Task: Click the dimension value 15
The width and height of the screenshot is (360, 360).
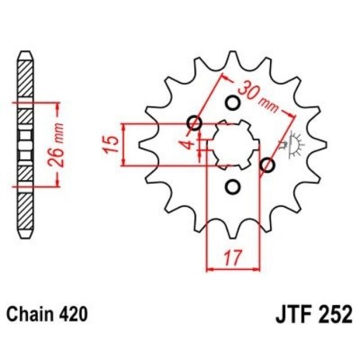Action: tap(112, 144)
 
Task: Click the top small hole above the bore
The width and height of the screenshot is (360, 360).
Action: tap(233, 103)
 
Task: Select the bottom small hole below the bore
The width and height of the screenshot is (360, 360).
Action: tap(233, 186)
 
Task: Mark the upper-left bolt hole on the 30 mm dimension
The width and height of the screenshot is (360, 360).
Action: tap(194, 123)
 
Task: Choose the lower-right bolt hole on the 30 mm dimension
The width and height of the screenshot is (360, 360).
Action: tap(268, 166)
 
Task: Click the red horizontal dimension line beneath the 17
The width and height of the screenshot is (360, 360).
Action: tap(233, 268)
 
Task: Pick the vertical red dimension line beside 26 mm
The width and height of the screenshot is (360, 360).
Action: tap(57, 145)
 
